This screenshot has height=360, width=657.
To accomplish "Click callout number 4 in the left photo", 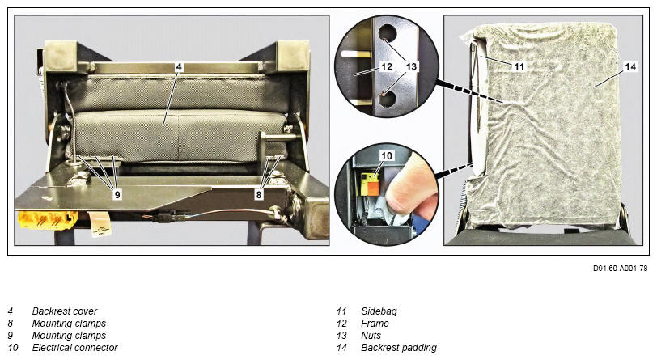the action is (179, 66).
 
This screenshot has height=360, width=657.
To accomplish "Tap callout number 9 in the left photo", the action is (117, 194).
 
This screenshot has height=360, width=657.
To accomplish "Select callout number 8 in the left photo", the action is (259, 194).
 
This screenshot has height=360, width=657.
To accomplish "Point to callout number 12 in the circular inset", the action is (386, 66).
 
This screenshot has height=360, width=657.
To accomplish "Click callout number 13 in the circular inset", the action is (412, 66).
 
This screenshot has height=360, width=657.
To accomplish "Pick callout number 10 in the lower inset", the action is (386, 156).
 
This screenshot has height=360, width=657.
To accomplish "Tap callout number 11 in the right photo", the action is (519, 66).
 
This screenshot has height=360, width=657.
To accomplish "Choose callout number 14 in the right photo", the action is (630, 66).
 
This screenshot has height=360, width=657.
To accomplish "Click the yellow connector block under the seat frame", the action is (47, 219).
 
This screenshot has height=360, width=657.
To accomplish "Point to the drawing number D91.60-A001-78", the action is (620, 269).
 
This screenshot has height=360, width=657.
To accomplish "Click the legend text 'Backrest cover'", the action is (65, 311).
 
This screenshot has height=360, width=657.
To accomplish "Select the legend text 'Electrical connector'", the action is (75, 348).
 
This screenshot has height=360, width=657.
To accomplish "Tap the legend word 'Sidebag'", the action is (379, 311).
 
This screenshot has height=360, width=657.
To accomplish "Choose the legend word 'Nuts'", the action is (371, 336).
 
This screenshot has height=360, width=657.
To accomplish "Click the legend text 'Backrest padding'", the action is (399, 348).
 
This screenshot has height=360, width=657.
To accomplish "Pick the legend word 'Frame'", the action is (375, 324).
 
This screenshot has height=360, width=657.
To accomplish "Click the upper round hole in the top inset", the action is (388, 32).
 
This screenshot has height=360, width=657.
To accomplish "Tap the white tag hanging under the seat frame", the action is (99, 223).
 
